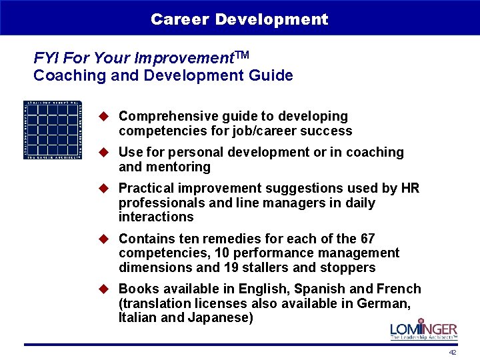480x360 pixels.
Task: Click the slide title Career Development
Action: [x=239, y=19]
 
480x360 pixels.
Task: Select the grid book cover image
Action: [x=53, y=129]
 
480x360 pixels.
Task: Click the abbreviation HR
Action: [x=410, y=189]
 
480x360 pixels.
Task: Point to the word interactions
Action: [x=156, y=217]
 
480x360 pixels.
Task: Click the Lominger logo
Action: [x=423, y=331]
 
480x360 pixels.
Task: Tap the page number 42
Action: [x=453, y=352]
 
